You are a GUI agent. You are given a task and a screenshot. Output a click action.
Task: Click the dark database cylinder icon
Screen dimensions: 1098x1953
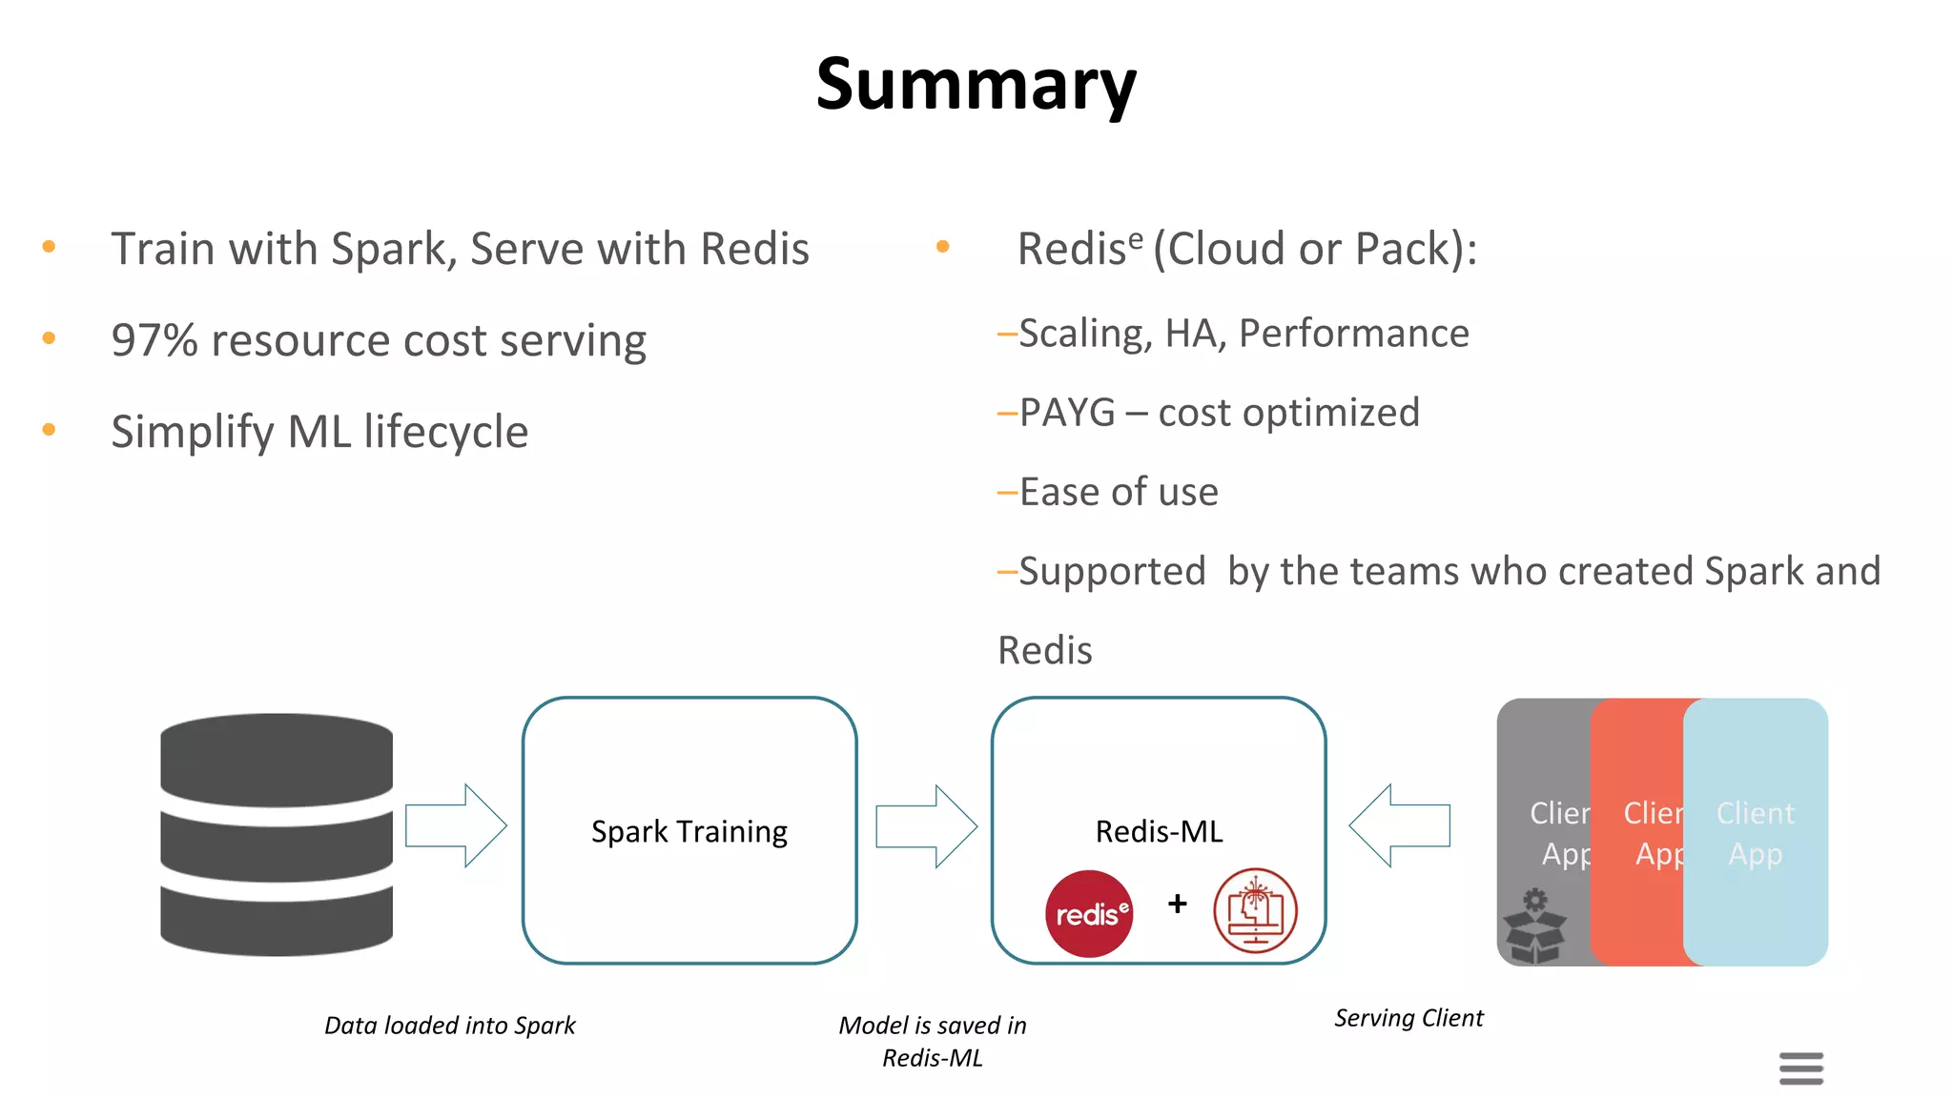[277, 834]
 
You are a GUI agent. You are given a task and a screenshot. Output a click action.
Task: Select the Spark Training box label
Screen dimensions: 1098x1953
[689, 831]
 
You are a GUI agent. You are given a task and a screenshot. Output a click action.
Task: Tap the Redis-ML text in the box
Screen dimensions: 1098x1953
[1159, 831]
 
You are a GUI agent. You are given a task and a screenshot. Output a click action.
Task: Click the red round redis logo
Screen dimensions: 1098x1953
[1089, 913]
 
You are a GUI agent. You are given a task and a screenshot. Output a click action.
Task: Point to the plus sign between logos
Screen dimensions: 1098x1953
[1178, 904]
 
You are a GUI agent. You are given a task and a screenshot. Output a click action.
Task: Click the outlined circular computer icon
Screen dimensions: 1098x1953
[1255, 911]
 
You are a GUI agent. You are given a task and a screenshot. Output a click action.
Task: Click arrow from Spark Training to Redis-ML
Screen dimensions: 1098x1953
[926, 825]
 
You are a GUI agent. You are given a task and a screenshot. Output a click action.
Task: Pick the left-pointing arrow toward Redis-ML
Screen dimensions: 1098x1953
[1399, 825]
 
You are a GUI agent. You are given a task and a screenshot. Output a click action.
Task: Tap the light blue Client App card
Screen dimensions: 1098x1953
[1756, 832]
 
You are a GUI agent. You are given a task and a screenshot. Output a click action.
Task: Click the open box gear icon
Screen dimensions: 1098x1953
[1534, 926]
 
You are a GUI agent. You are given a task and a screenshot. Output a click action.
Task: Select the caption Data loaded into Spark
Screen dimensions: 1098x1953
[449, 1026]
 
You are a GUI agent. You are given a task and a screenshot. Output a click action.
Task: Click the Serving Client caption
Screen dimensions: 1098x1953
[1408, 1018]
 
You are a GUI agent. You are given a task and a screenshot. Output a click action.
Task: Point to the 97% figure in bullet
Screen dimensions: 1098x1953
[154, 340]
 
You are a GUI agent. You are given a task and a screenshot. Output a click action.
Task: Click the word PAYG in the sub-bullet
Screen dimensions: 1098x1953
[1066, 413]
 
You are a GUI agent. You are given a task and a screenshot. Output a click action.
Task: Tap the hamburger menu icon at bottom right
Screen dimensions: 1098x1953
[1800, 1067]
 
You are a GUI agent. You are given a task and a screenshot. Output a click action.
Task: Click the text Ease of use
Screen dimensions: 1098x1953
[1118, 492]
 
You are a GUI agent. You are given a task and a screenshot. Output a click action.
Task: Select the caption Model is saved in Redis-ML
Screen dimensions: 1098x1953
[932, 1041]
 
